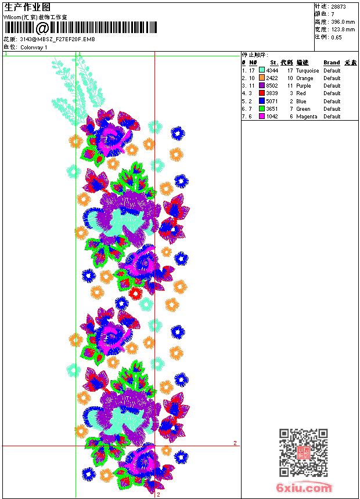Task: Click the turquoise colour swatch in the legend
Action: tap(262, 70)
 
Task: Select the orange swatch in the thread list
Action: tap(262, 78)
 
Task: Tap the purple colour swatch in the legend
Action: tap(262, 85)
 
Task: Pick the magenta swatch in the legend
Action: tap(262, 116)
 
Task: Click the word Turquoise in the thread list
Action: tap(307, 70)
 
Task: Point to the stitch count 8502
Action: tap(272, 85)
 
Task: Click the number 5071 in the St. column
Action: tap(272, 101)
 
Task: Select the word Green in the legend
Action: tap(303, 109)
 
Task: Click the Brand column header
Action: tap(332, 63)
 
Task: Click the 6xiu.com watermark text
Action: tap(304, 488)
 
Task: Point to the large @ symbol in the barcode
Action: tap(42, 28)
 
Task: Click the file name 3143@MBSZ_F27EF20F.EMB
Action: tap(49, 39)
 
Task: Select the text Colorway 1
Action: tap(34, 47)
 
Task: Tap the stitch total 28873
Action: tap(338, 6)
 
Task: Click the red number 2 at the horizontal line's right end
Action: tap(235, 443)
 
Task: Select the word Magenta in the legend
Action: tap(307, 116)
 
